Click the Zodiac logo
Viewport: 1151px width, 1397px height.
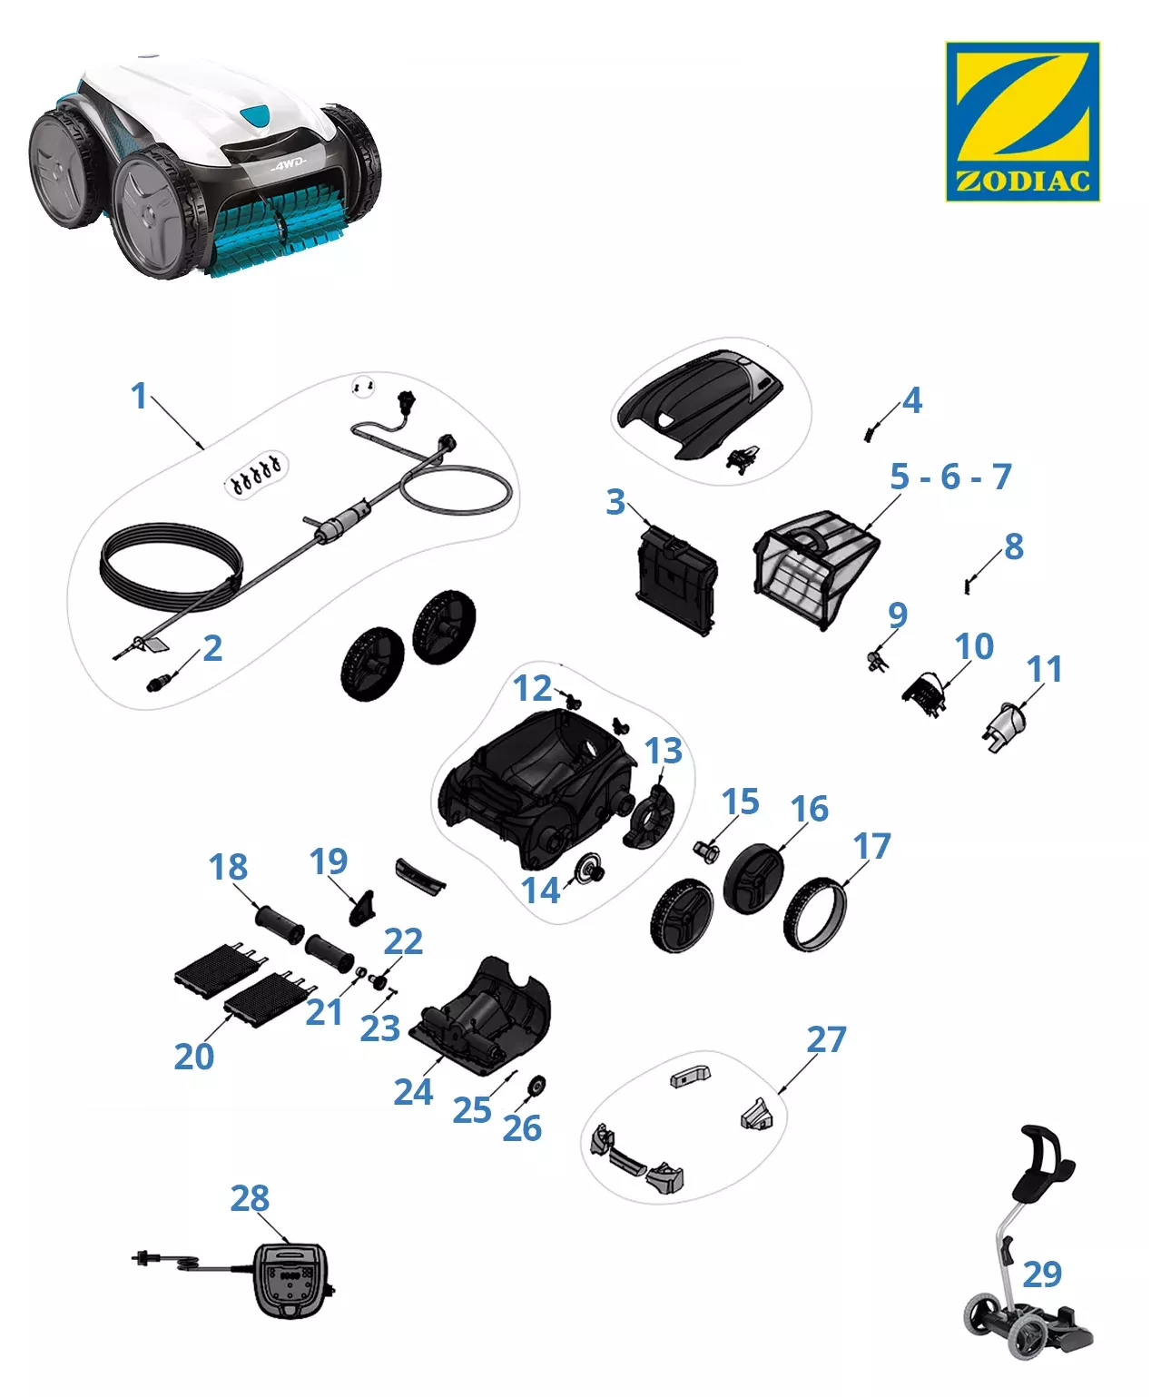(x=1022, y=121)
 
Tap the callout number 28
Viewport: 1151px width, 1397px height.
(x=250, y=1198)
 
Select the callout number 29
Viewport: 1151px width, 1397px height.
(x=1041, y=1274)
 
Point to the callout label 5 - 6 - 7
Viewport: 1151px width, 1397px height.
(x=950, y=476)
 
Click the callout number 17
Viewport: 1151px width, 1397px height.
(x=871, y=846)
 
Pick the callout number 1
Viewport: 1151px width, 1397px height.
(x=139, y=396)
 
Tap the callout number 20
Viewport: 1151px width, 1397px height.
(x=193, y=1057)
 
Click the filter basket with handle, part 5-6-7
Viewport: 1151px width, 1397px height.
(x=812, y=565)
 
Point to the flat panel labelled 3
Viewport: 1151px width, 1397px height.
(x=676, y=581)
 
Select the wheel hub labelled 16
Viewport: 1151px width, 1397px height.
(x=753, y=879)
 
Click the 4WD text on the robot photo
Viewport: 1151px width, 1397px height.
(x=289, y=166)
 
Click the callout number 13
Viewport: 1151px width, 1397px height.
(x=663, y=751)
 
